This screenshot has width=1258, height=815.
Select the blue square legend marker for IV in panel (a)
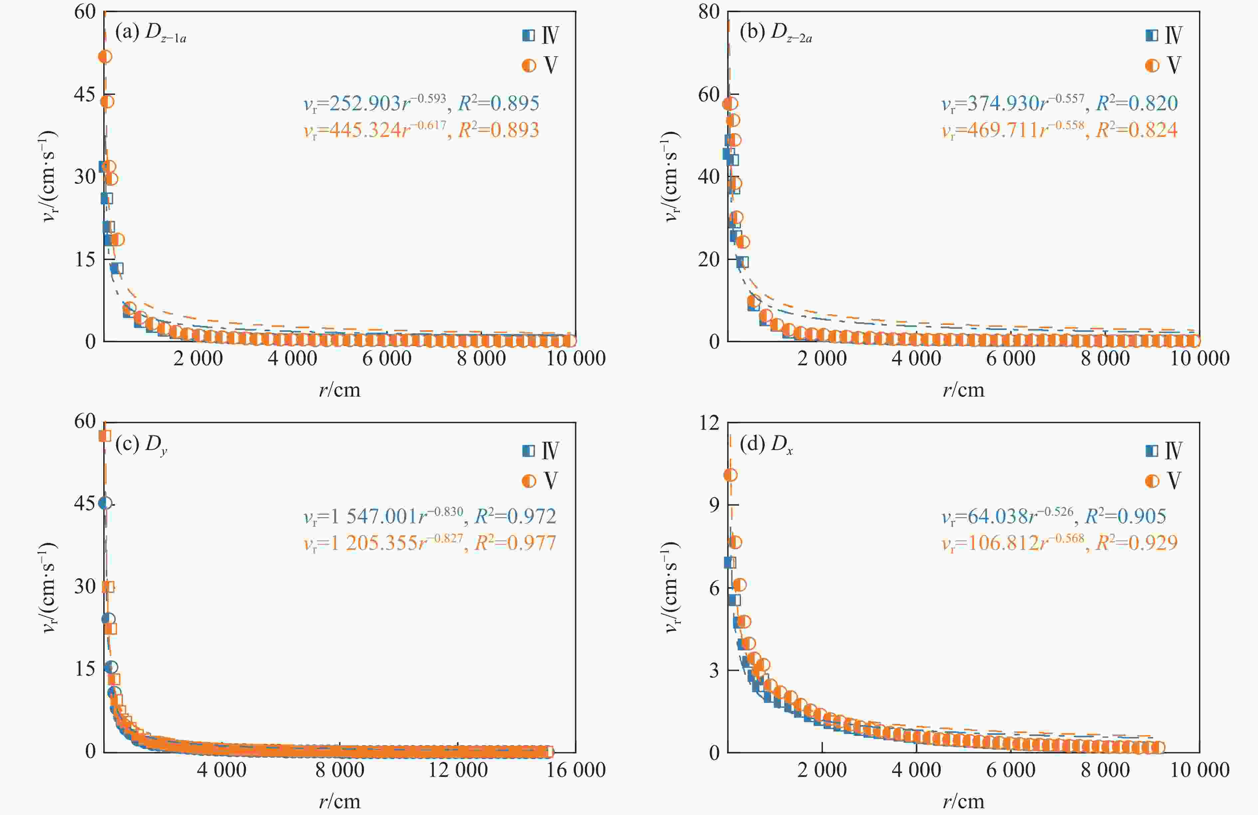tap(528, 35)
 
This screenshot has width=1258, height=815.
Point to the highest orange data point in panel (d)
tap(730, 475)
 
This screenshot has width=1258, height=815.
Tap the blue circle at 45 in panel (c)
tap(105, 503)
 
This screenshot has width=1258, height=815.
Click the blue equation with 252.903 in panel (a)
tap(421, 103)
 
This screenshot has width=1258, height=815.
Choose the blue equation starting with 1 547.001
tap(430, 516)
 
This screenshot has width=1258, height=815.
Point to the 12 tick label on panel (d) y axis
tap(709, 423)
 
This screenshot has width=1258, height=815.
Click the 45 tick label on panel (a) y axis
tap(85, 94)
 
